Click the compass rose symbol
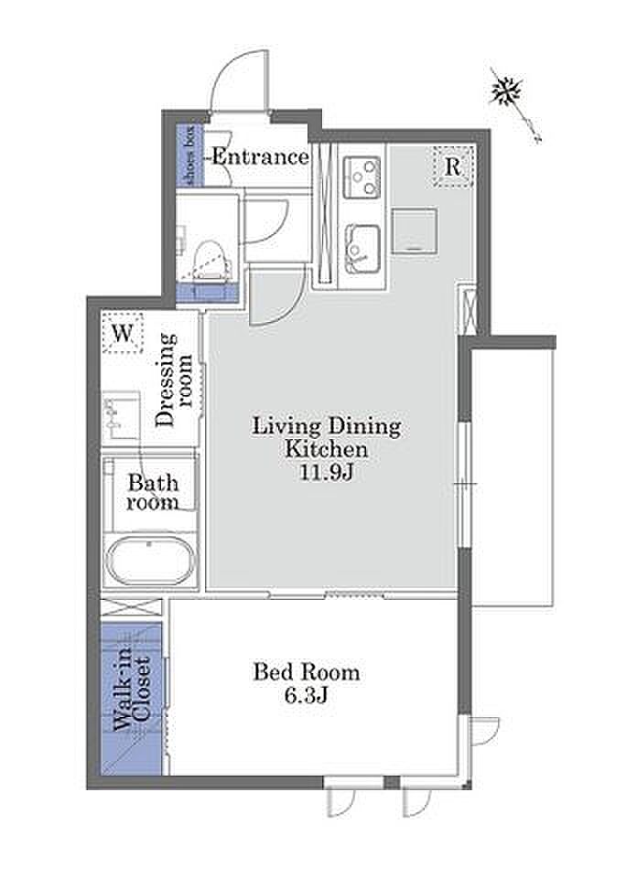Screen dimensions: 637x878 (x=507, y=91)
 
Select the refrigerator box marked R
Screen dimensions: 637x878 (x=453, y=166)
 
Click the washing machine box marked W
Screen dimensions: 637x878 (x=123, y=334)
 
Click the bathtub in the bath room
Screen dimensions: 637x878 (x=151, y=560)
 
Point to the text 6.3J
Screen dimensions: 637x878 (x=306, y=695)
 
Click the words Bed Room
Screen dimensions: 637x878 (x=307, y=672)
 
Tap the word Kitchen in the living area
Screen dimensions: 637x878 (x=327, y=449)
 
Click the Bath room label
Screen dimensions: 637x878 (x=153, y=492)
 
